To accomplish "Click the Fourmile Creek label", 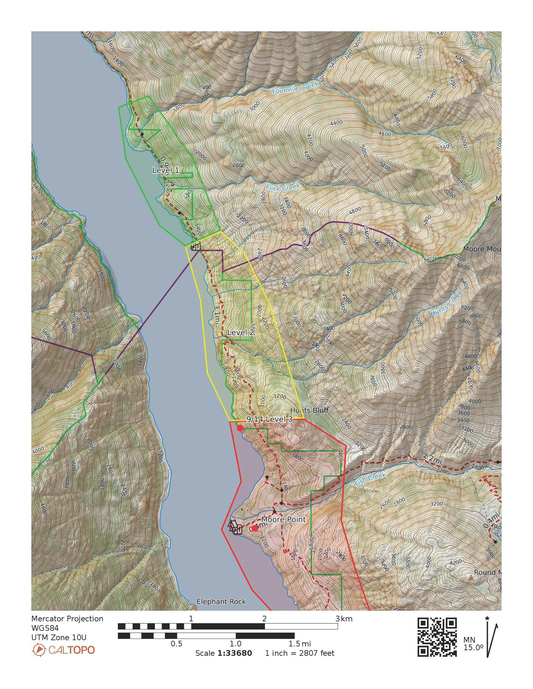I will tap(295, 88).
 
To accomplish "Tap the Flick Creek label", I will tap(283, 187).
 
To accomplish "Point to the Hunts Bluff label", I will tap(309, 410).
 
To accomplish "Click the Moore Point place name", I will tap(284, 519).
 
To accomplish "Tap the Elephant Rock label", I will tap(221, 602).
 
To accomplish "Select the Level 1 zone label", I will tap(166, 170).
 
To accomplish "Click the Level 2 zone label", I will tap(240, 333).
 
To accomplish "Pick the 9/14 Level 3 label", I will tap(269, 419).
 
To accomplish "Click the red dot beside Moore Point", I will tap(255, 528).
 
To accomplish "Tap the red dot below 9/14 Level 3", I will tap(240, 428).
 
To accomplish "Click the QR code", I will tap(437, 637).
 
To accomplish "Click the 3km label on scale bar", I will tap(344, 619).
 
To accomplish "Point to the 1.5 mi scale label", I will tap(300, 644).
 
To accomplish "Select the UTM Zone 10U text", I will tap(59, 638).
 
